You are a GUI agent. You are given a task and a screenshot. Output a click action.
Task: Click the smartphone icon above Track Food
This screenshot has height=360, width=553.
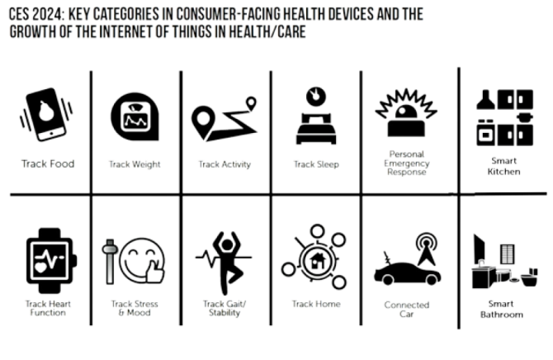pos(46,114)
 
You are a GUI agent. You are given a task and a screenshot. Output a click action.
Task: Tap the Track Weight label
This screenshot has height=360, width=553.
pos(135,164)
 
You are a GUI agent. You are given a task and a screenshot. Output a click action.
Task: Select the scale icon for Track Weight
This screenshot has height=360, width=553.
pos(135,116)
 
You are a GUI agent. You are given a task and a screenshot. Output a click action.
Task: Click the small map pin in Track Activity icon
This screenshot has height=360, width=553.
pos(251,103)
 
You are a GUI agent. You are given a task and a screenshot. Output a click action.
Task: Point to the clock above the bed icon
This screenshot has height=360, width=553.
pos(316,97)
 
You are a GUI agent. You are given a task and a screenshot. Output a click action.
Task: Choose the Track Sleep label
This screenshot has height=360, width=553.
pos(316,164)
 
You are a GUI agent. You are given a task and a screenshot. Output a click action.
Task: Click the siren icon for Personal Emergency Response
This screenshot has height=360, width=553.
pos(406,112)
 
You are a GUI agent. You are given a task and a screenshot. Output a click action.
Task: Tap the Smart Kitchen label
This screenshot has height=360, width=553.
pos(503,166)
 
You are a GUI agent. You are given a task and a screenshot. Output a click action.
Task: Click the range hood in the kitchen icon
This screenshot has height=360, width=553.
pos(485,99)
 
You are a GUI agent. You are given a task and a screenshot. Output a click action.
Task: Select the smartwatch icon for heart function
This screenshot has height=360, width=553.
pos(50,261)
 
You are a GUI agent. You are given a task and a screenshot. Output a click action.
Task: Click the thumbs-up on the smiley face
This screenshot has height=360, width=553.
pos(155,272)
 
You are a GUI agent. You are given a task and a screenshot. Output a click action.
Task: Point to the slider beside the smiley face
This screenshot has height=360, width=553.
pos(110,262)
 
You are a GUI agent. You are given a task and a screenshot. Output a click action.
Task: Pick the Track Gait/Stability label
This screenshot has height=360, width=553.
pos(225,308)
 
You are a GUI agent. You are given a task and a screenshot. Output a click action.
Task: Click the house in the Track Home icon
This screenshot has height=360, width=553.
pos(317,261)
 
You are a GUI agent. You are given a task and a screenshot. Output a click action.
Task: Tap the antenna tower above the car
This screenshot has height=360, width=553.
pos(427,249)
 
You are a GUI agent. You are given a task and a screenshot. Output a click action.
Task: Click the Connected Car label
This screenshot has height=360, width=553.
pos(407,310)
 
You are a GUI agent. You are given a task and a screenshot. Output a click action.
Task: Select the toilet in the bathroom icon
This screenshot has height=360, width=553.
pos(529,277)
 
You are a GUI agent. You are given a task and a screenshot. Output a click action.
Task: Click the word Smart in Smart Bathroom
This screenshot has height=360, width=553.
pos(501,304)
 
